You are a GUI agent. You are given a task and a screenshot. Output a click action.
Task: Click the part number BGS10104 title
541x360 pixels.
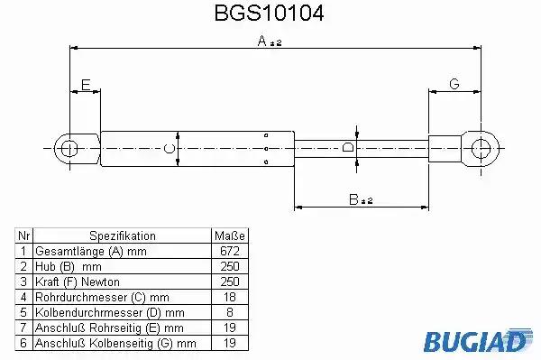coord(269,14)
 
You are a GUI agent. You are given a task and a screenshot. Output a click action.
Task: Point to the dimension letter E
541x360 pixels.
coord(86,85)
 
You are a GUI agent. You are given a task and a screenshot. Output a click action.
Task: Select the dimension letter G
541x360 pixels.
coord(454,84)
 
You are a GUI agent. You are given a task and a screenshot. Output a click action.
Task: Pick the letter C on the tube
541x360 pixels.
coord(170,149)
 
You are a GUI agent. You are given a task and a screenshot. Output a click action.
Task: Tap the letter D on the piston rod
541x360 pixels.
coord(348,147)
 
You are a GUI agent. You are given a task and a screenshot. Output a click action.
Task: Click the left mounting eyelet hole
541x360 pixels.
coord(69,149)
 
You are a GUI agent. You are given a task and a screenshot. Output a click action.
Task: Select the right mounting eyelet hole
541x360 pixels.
coord(481,148)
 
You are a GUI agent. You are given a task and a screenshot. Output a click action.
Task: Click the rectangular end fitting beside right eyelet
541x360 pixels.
coord(445,149)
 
